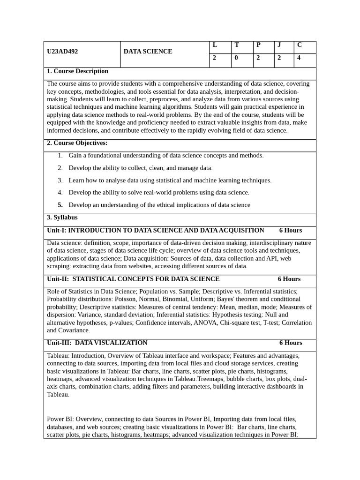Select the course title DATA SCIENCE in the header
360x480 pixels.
tap(148, 52)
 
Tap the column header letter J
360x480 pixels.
tap(279, 45)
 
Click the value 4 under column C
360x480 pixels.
tap(299, 58)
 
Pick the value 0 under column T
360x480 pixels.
tap(236, 58)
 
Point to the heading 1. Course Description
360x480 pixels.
tap(77, 71)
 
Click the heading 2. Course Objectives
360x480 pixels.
tap(77, 143)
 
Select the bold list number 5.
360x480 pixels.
tap(60, 205)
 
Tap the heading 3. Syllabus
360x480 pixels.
tap(62, 217)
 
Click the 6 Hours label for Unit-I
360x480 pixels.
tap(291, 231)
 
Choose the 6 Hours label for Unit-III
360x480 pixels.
tap(291, 343)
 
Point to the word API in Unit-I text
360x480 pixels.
tap(271, 258)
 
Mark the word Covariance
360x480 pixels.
tap(74, 330)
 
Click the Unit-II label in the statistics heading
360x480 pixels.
tap(58, 279)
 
